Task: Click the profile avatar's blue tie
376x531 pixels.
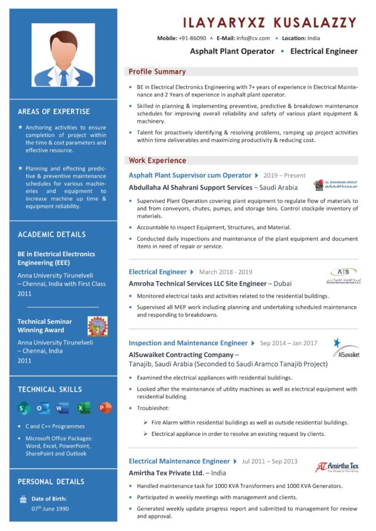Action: pos(63,78)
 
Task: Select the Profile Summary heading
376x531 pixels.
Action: pos(157,71)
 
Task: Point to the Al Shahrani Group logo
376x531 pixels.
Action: pos(336,186)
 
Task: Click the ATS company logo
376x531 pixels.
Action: pos(344,275)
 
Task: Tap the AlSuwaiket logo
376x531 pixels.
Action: pos(345,348)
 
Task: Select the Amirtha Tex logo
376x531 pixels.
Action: pos(337,467)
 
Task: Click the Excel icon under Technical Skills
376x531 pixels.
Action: pos(83,408)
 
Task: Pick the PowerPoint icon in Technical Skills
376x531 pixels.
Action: pos(104,408)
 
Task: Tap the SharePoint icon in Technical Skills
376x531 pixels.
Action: pos(24,408)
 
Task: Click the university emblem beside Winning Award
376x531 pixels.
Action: pos(97,326)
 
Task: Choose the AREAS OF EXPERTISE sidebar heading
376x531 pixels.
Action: pos(54,111)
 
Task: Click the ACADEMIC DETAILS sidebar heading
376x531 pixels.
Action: pos(52,234)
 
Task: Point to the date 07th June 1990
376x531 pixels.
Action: pos(50,508)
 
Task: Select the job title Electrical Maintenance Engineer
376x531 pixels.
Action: pos(179,461)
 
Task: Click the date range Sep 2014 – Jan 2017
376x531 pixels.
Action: pos(289,343)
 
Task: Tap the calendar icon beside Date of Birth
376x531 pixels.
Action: pos(23,499)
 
